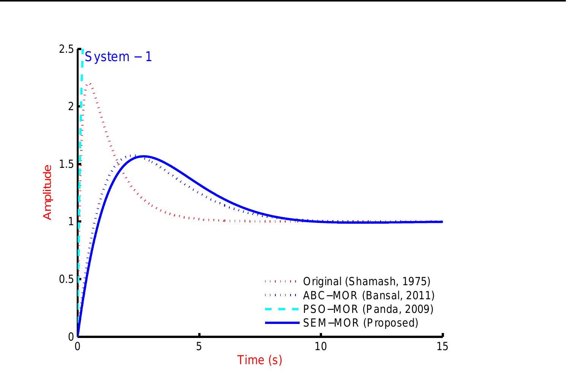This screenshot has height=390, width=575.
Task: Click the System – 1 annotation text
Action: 118,57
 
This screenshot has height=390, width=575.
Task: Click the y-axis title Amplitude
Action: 47,192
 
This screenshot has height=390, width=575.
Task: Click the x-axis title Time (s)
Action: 260,360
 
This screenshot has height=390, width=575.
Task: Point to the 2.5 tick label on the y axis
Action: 66,49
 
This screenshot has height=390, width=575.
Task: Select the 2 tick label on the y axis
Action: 71,107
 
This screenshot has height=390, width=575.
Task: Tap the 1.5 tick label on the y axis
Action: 66,164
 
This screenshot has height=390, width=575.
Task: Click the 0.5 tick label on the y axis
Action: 66,279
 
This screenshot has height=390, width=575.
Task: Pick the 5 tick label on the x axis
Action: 199,347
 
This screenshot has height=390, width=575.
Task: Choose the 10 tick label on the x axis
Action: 321,347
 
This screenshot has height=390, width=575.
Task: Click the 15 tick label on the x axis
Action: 442,347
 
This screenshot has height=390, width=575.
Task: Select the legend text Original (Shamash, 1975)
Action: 366,281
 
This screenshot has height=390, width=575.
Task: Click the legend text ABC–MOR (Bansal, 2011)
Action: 368,295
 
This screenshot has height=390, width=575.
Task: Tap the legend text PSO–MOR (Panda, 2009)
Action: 368,309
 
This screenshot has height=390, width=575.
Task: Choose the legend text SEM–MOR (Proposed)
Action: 360,323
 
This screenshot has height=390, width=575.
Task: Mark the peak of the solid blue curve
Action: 144,156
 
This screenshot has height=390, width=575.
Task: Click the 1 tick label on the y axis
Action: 71,222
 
